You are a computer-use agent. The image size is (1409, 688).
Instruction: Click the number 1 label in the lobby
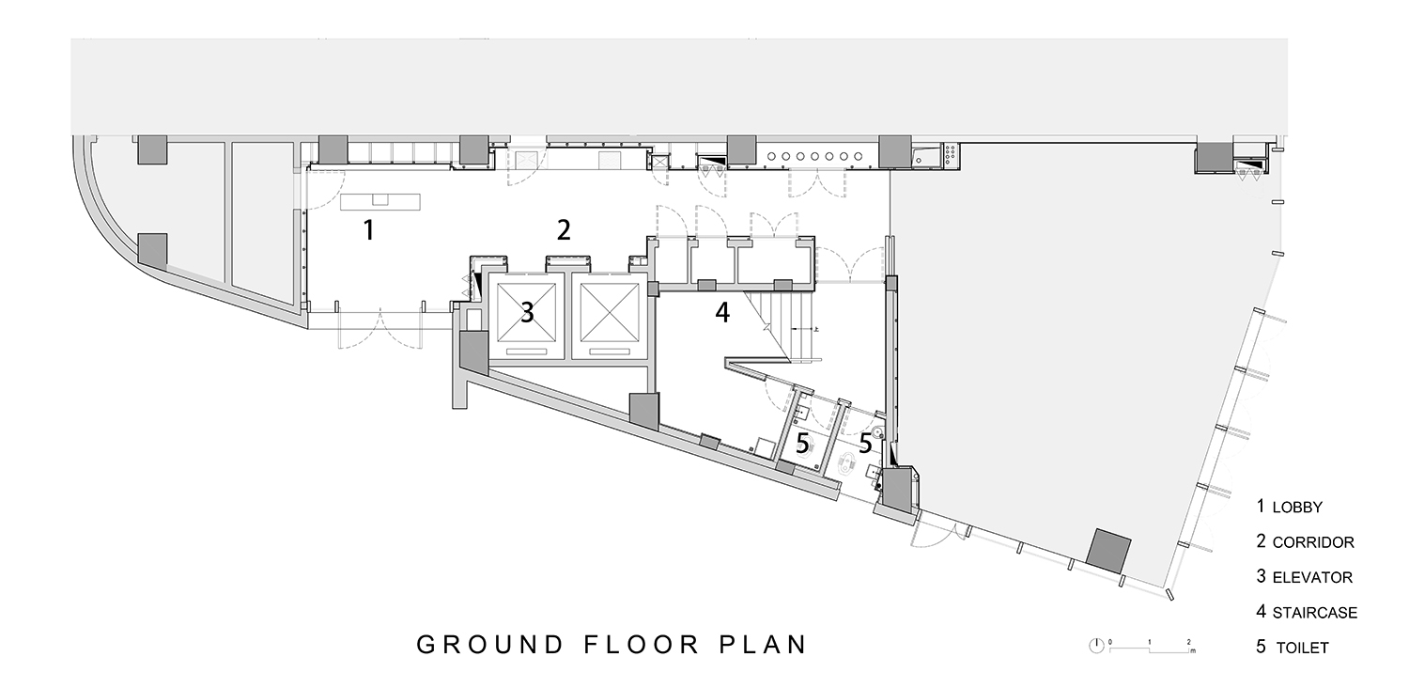pos(369,230)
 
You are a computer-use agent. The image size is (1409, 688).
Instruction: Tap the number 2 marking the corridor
pos(564,230)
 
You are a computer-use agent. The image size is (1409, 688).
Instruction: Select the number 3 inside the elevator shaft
pos(527,312)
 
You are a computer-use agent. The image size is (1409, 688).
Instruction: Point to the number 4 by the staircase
pos(722,313)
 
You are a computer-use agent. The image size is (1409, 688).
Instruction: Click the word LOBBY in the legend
pos(1297,508)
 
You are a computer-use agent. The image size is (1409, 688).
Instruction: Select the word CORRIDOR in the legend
pos(1313,542)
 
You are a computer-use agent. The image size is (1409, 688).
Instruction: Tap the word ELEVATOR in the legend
pos(1313,578)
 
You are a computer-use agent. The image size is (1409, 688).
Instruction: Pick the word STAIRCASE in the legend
pos(1315,613)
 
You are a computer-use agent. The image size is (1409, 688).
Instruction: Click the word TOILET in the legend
pos(1303,649)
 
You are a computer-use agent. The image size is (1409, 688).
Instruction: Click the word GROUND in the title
pos(490,645)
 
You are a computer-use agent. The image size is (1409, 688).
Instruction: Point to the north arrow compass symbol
pos(1096,646)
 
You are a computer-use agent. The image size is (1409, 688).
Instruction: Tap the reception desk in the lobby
pos(380,201)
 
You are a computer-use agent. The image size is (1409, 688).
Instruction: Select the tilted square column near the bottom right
pos(1109,551)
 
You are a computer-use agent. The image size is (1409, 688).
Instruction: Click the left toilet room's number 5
pos(802,444)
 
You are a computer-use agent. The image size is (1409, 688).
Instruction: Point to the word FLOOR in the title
pos(642,645)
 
